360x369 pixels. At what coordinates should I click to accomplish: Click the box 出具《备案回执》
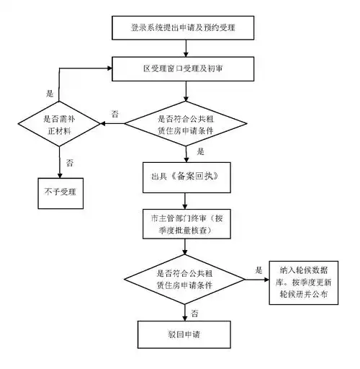[x=185, y=176]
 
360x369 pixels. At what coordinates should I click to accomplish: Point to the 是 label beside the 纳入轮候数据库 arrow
[x=258, y=270]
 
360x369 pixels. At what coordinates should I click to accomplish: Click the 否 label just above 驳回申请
[x=195, y=312]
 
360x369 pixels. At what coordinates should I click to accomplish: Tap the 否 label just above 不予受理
[x=69, y=163]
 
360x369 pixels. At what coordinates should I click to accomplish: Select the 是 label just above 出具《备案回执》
[x=201, y=152]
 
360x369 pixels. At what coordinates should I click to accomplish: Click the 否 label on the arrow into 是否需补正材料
[x=114, y=115]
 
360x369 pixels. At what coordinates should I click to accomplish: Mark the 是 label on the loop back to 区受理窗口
[x=50, y=94]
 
